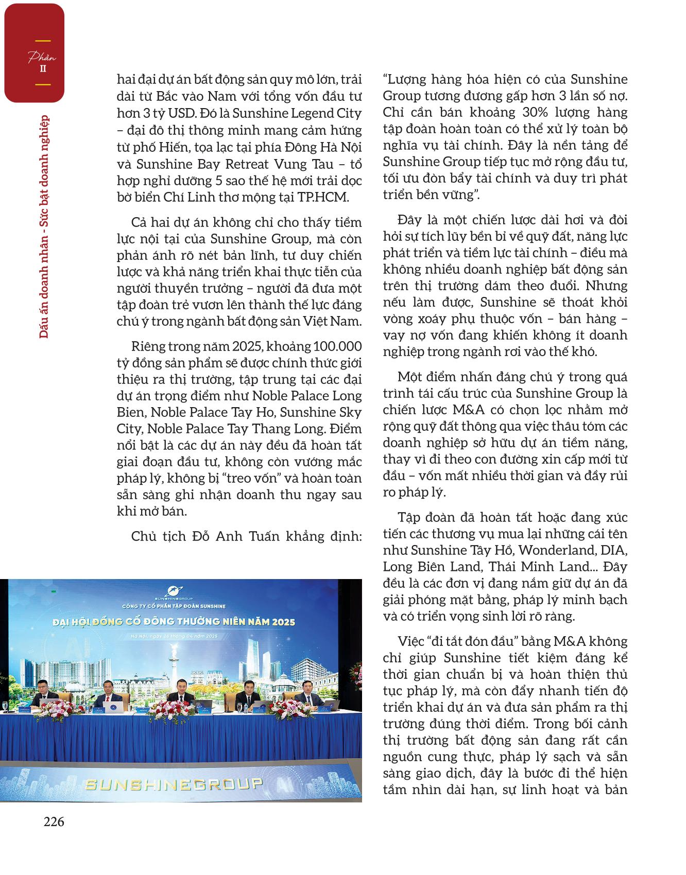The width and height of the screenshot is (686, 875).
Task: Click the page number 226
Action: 54,822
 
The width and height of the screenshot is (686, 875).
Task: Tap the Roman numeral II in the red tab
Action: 44,68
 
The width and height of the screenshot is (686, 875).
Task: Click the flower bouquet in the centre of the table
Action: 181,708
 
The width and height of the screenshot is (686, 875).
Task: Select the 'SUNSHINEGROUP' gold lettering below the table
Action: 173,784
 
